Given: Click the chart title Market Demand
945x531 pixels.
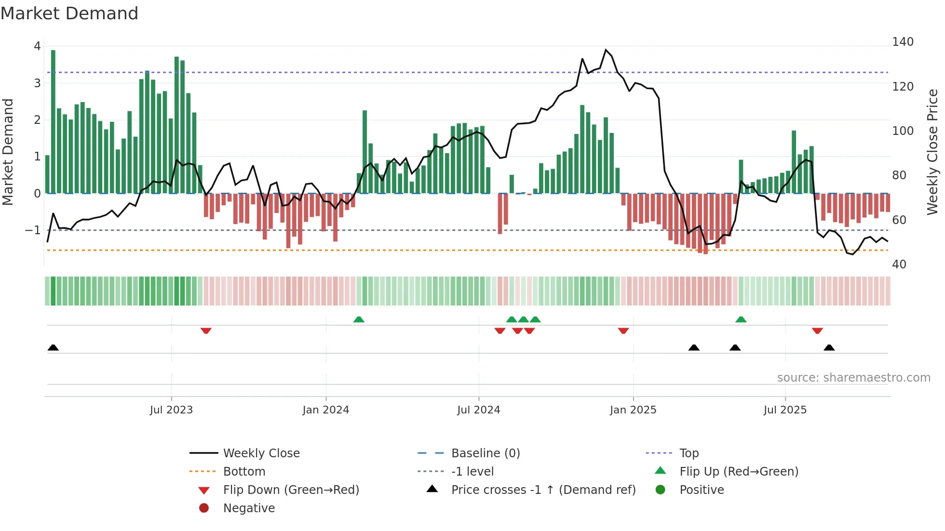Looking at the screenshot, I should coord(69,13).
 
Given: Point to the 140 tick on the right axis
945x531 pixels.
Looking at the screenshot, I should coord(903,42).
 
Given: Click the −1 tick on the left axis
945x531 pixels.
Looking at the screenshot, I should coord(33,230).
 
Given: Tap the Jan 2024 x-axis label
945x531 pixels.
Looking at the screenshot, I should coord(325,410).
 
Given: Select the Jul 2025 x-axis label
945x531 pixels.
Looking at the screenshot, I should coord(785,410).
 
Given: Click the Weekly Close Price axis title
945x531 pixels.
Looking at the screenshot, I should coord(932,152).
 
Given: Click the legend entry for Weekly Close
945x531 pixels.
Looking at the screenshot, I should coord(261,453).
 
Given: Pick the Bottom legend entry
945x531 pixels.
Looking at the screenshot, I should coord(244,472).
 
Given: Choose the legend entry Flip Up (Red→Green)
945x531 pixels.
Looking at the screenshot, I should coord(739,472).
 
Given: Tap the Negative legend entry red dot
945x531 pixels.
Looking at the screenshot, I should coord(204,508).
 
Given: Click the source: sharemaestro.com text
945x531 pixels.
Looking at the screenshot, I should coord(853,378).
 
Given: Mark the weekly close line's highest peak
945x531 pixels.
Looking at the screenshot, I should coord(606,50).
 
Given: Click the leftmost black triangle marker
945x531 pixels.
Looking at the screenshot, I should coord(53,348).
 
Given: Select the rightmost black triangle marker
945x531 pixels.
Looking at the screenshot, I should coord(829,348).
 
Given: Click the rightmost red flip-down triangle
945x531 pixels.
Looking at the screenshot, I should coord(817,331).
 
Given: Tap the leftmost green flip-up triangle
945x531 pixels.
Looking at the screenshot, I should coord(359,319).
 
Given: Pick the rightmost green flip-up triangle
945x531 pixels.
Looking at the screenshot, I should coord(741,319).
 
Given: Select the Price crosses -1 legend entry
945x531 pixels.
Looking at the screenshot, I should coord(543,490).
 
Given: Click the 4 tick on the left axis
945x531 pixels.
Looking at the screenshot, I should coord(37,46).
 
